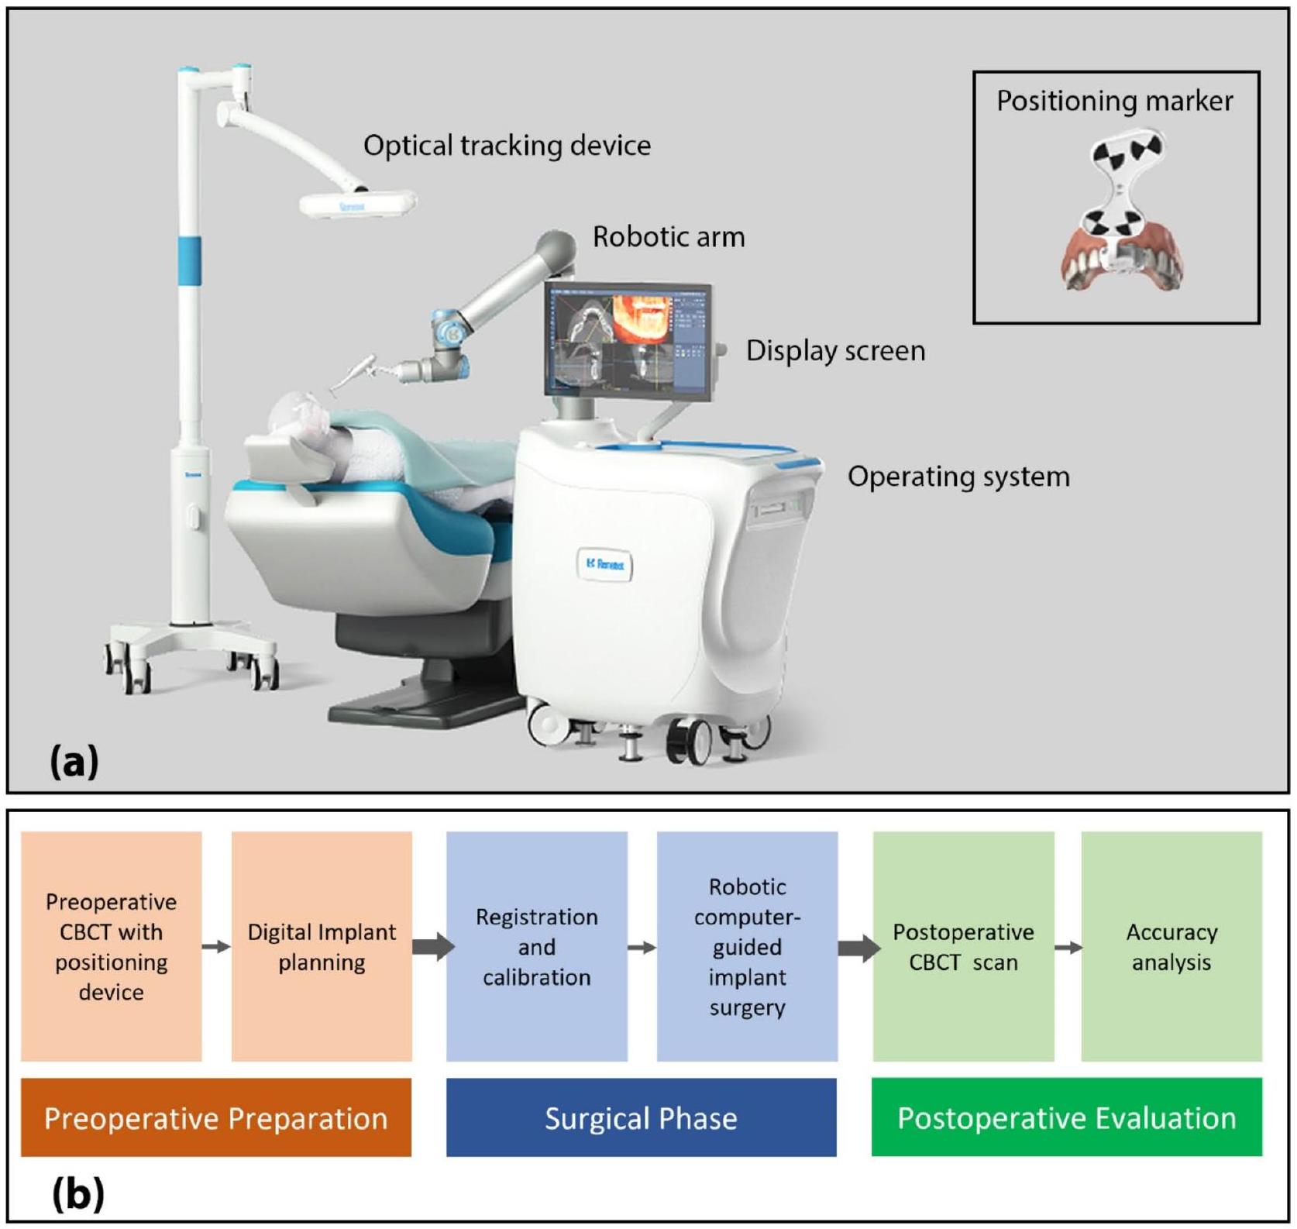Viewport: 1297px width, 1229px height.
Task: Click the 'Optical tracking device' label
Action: click(507, 146)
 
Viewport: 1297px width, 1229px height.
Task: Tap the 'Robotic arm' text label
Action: click(668, 237)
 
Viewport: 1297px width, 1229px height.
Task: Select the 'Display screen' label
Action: click(835, 351)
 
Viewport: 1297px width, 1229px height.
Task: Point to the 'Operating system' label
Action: click(958, 477)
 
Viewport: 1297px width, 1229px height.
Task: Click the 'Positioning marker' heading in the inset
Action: click(1114, 102)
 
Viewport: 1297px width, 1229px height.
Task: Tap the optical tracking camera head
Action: click(357, 205)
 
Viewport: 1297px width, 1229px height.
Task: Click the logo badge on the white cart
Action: click(604, 564)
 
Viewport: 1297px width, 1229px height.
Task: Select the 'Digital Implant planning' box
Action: click(322, 946)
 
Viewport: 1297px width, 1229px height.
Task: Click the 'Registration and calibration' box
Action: click(536, 946)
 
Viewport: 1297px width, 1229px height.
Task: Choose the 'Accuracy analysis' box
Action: click(1171, 946)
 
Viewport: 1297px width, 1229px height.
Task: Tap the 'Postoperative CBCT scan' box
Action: click(962, 946)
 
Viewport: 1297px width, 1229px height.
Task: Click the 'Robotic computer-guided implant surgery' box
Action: click(747, 946)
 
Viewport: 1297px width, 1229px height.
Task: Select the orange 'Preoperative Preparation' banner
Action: click(215, 1117)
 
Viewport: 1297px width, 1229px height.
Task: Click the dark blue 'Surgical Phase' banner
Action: click(641, 1117)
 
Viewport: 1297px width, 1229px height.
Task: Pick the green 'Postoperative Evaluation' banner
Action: click(1066, 1117)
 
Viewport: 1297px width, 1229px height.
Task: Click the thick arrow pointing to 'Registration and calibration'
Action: click(432, 946)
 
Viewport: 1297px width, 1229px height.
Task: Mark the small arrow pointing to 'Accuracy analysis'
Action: click(1068, 947)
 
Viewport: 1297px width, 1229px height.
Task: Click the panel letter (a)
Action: click(74, 762)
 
